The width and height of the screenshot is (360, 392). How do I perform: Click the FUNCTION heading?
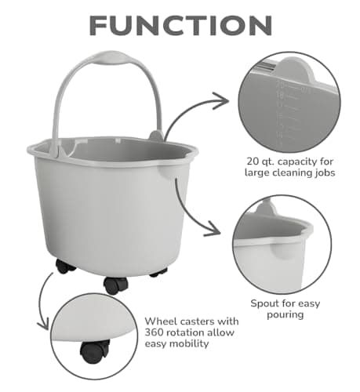coord(180,26)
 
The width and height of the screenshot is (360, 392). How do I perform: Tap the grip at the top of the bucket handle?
coord(111,57)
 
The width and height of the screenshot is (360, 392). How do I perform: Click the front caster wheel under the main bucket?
coord(116,285)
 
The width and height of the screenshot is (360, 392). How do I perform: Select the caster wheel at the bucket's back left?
coord(65,267)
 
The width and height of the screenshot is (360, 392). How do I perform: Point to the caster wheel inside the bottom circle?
coord(94,351)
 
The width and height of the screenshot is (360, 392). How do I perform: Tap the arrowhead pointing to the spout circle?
coord(213,229)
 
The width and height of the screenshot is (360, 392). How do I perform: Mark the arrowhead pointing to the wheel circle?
coord(43,324)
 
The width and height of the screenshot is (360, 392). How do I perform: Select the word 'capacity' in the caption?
coord(297,162)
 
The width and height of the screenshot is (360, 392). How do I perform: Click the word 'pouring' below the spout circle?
coord(285,314)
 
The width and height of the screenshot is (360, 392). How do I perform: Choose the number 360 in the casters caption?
coord(154,332)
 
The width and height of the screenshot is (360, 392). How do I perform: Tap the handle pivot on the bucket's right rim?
coord(156,136)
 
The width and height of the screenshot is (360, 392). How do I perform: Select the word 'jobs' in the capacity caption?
coord(325,173)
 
